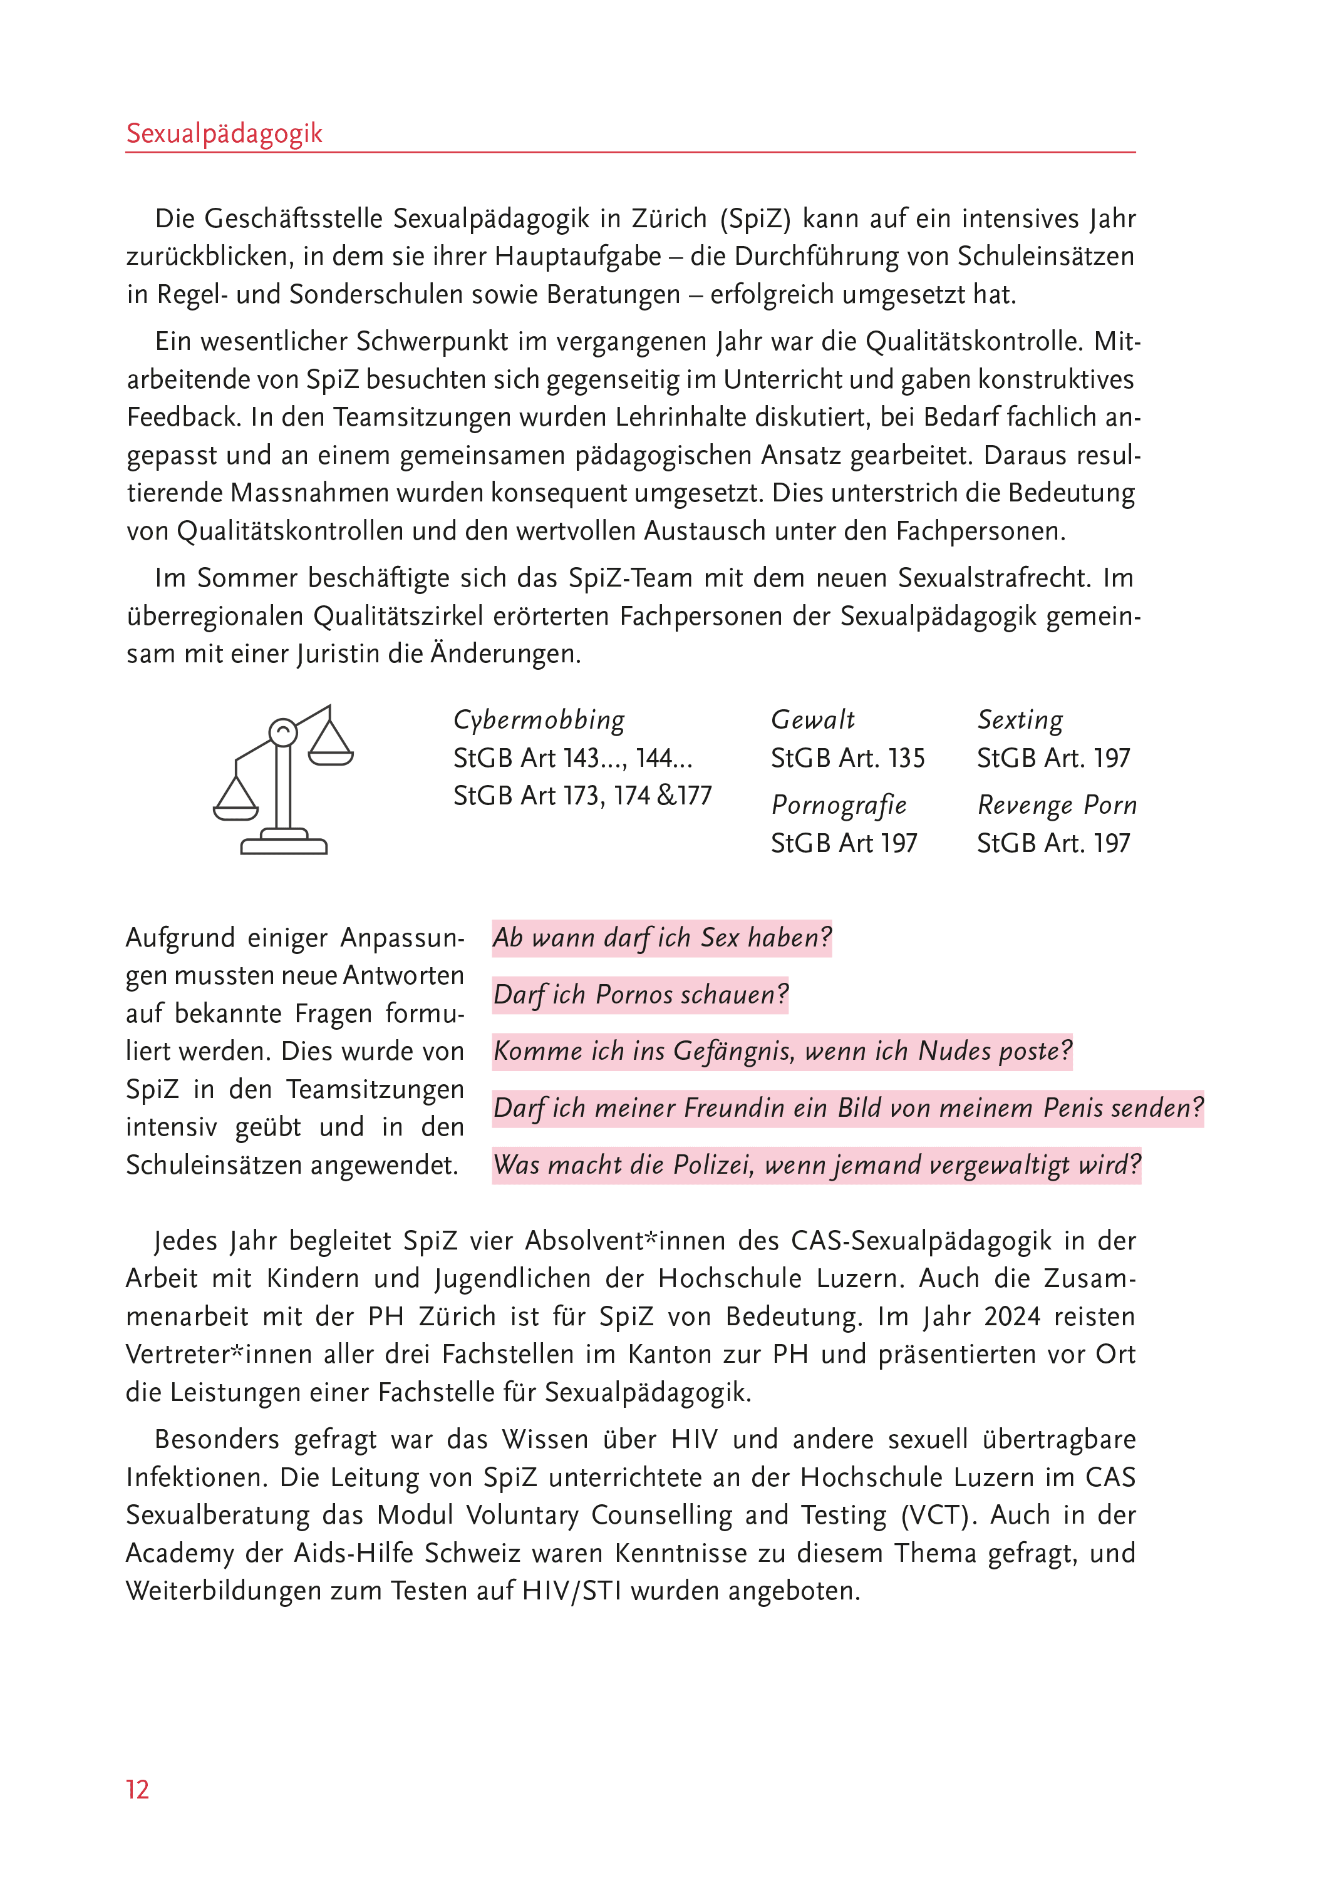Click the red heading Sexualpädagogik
224,133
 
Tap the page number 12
138,1789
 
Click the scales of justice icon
283,781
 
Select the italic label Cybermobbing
539,720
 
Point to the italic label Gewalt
812,720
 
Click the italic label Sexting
1020,720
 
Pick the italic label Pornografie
839,805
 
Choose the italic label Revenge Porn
1057,805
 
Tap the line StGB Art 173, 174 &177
582,796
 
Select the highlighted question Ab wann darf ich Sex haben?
661,937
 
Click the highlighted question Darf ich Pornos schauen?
640,995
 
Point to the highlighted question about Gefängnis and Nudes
782,1051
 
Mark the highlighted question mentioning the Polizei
816,1165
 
